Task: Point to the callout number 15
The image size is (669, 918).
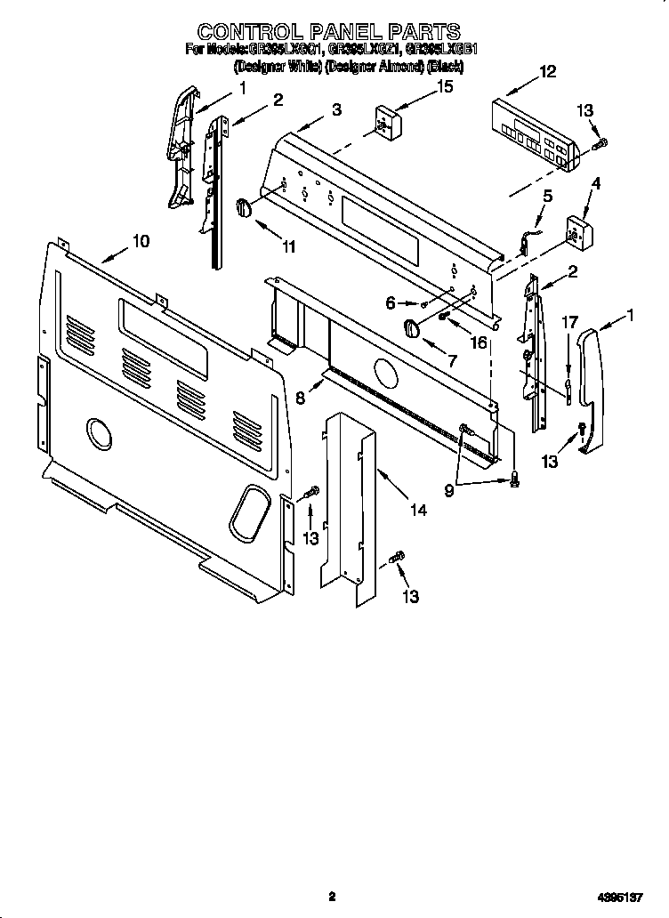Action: [x=443, y=86]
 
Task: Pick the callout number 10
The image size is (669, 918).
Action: [x=141, y=240]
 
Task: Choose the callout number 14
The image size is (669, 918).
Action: [x=417, y=510]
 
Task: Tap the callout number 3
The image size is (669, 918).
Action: [x=335, y=109]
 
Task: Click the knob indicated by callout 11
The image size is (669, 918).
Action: [x=244, y=207]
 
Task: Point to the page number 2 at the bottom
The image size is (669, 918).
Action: [x=331, y=897]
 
